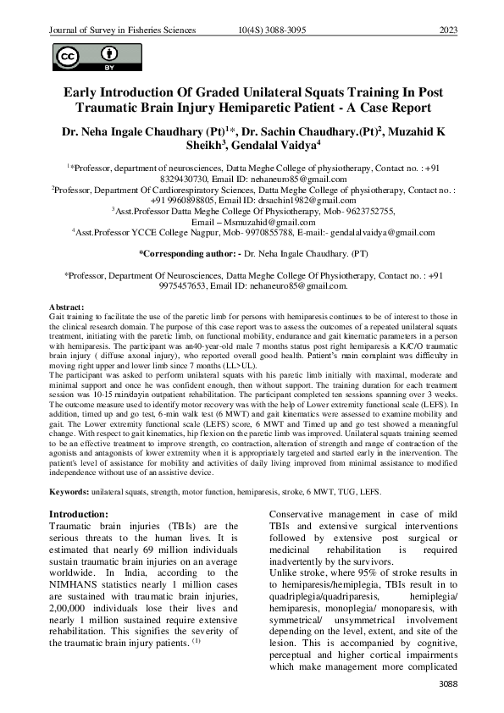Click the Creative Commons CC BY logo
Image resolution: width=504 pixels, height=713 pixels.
click(83, 58)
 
